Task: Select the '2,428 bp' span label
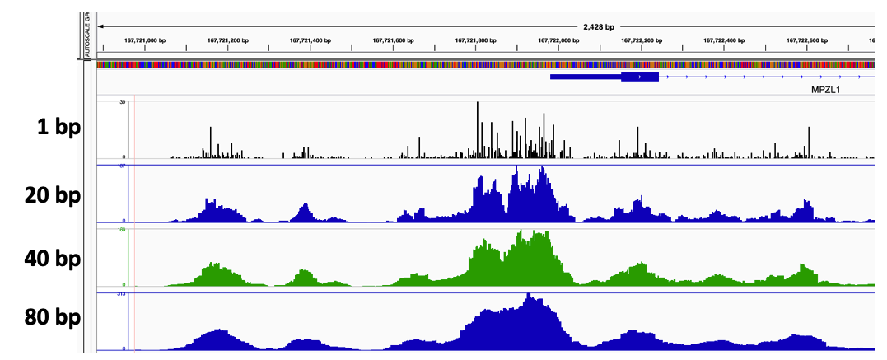(599, 26)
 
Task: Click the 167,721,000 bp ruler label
(145, 40)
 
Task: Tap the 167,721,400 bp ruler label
(310, 40)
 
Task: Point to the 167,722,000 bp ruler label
(558, 40)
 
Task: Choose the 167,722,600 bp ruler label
(806, 40)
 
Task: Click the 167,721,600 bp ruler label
(393, 40)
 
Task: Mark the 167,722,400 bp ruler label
(724, 40)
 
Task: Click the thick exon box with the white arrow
(640, 77)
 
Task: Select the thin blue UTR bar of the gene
(586, 77)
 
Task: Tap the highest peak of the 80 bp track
(530, 297)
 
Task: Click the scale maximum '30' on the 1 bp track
(122, 103)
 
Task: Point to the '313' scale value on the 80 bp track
(121, 294)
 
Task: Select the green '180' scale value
(121, 230)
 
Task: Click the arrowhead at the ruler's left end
(100, 26)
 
